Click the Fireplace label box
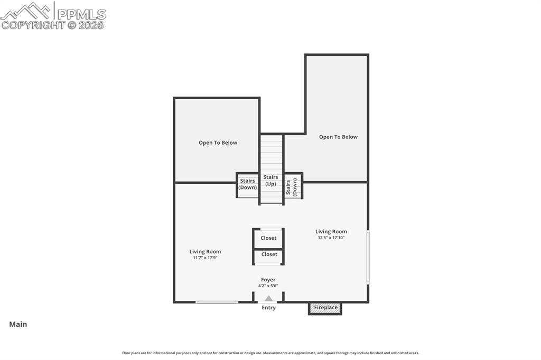[325, 308]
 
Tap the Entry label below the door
[268, 308]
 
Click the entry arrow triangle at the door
[268, 299]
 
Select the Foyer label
[268, 280]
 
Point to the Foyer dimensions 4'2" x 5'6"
[268, 286]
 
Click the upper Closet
[268, 238]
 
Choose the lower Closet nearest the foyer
[269, 254]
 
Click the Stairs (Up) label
[271, 181]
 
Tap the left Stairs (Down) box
[247, 185]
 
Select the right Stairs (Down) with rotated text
[293, 187]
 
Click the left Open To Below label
[218, 143]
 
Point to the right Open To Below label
[338, 137]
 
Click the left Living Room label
[205, 252]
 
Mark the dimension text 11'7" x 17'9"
[205, 258]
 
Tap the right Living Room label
[331, 231]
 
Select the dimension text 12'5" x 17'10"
[331, 238]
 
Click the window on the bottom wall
[217, 302]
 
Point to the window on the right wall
[368, 257]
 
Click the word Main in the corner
[18, 325]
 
